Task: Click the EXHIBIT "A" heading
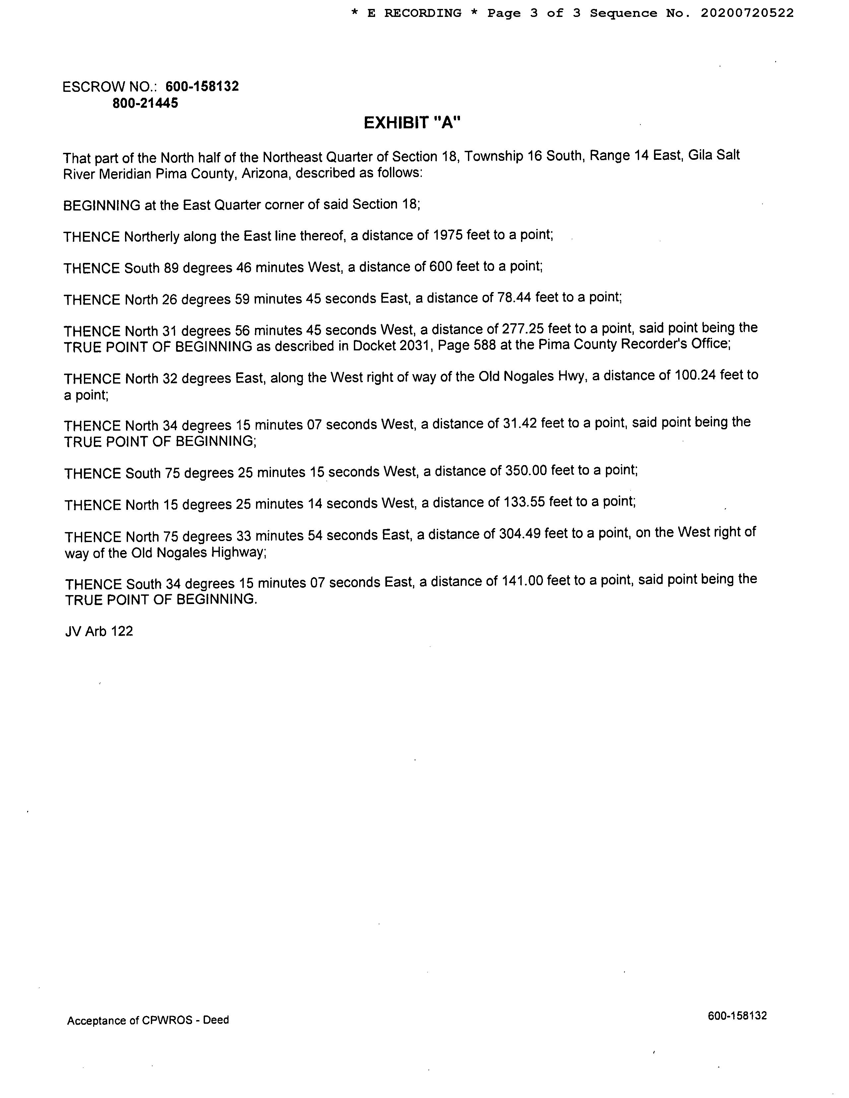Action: point(412,123)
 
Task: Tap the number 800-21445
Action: point(145,103)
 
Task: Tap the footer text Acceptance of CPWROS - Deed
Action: point(148,1020)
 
